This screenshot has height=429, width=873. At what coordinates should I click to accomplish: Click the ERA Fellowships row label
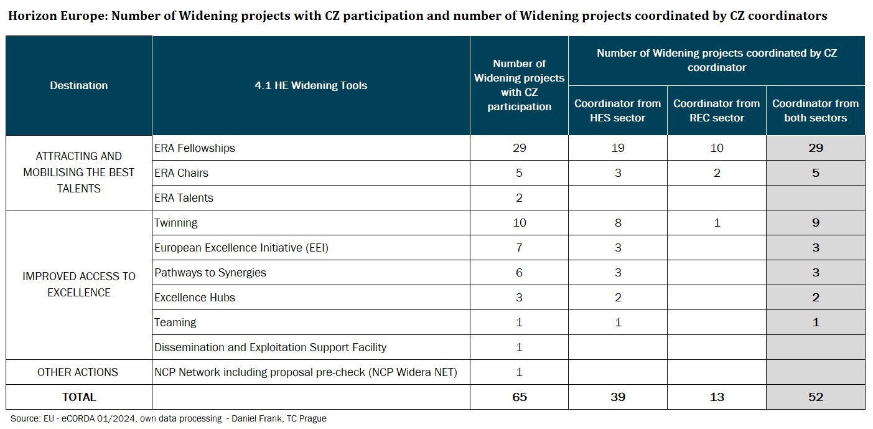[x=194, y=148]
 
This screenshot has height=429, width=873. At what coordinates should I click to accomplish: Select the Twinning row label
[x=175, y=223]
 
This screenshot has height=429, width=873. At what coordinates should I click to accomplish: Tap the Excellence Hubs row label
[x=195, y=298]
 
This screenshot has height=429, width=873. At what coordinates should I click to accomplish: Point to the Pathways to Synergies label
[x=210, y=273]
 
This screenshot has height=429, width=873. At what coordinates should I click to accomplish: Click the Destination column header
[x=79, y=86]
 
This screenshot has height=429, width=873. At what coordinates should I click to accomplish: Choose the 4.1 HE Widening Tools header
[x=311, y=86]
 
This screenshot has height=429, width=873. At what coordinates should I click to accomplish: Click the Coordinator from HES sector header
[x=618, y=111]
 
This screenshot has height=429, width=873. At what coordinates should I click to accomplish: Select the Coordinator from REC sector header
[x=717, y=111]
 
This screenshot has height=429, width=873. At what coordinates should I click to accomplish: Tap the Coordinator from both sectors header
[x=815, y=111]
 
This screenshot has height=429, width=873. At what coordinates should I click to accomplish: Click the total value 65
[x=519, y=397]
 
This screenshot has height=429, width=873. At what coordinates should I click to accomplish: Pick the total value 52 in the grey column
[x=815, y=397]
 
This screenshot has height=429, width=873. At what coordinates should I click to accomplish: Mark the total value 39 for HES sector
[x=618, y=397]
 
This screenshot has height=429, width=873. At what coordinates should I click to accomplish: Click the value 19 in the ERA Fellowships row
[x=618, y=148]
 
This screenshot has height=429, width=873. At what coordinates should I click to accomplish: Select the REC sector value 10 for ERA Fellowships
[x=717, y=148]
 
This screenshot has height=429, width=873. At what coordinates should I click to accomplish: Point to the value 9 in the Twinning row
[x=815, y=223]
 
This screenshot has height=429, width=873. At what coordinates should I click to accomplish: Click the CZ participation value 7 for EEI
[x=519, y=248]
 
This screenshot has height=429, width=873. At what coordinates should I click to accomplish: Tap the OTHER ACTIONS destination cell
[x=78, y=372]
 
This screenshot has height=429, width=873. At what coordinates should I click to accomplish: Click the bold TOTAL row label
[x=79, y=397]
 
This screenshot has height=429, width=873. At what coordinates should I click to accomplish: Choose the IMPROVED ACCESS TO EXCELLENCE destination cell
[x=79, y=285]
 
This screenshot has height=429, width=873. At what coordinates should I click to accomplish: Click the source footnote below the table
[x=168, y=419]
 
